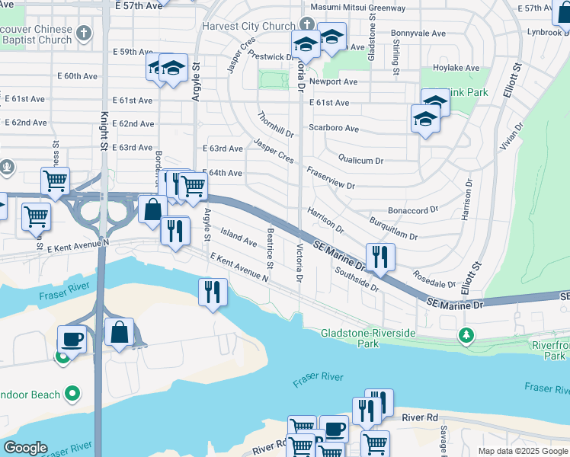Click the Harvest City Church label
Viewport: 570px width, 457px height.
[248, 26]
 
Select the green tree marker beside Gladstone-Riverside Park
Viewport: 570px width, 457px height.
[465, 334]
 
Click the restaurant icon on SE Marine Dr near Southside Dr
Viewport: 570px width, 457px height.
[379, 257]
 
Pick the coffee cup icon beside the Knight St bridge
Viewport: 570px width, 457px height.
[72, 339]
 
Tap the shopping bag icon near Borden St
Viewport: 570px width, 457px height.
[152, 210]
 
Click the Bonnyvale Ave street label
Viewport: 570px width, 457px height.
[418, 34]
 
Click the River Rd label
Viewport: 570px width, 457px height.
[421, 417]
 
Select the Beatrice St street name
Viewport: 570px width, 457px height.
[270, 245]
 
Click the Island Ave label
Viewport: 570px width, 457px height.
[239, 236]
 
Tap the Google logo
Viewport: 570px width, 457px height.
[25, 448]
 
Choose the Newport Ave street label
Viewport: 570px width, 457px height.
[334, 81]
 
